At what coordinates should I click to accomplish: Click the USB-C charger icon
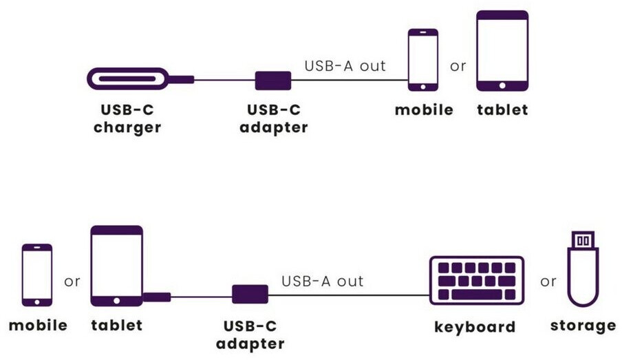128,78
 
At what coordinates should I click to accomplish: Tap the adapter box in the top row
273,81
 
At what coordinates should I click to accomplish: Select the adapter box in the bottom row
250,294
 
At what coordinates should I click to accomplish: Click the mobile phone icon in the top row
423,60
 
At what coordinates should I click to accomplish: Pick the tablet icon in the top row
502,51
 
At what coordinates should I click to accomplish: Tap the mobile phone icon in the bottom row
37,275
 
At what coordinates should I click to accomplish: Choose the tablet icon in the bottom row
117,266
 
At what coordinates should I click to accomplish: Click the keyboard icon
477,281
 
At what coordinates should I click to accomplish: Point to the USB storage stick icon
583,269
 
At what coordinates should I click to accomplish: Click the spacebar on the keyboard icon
477,295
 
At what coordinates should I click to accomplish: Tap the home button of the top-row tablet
502,85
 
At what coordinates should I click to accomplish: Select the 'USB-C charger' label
127,118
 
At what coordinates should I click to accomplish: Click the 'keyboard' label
475,327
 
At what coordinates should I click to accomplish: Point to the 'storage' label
583,326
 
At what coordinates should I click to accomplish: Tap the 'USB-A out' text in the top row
345,66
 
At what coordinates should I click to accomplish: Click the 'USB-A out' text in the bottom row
322,281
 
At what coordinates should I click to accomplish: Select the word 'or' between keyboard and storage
548,282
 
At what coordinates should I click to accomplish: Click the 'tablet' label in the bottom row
117,325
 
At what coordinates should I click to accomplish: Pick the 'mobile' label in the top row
424,109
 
